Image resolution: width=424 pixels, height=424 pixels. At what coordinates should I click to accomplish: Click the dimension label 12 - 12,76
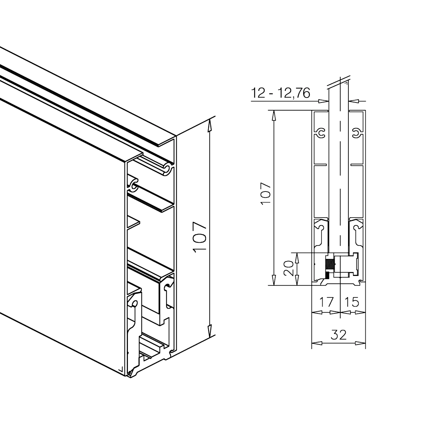(x=281, y=93)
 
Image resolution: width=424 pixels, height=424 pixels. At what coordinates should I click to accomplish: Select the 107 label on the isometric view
(x=200, y=237)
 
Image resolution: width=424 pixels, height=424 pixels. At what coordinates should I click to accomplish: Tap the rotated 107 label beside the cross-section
(x=266, y=194)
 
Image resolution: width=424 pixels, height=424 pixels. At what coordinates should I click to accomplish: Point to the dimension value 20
(x=289, y=268)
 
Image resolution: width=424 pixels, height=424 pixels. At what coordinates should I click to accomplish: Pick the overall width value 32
(x=338, y=335)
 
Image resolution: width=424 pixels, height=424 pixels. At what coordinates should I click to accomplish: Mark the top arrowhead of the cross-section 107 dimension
(x=274, y=116)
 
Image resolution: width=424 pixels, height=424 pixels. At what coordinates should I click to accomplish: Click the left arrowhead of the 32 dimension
(x=317, y=343)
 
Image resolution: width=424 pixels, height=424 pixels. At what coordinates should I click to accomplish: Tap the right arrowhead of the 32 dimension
(x=361, y=343)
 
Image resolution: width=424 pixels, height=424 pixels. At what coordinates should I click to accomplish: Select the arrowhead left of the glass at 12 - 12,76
(x=324, y=101)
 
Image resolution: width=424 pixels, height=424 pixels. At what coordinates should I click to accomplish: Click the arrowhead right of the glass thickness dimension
(x=354, y=101)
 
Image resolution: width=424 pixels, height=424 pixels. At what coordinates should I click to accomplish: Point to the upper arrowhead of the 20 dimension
(x=297, y=258)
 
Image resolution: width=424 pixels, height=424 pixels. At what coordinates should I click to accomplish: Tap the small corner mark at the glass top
(x=346, y=83)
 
